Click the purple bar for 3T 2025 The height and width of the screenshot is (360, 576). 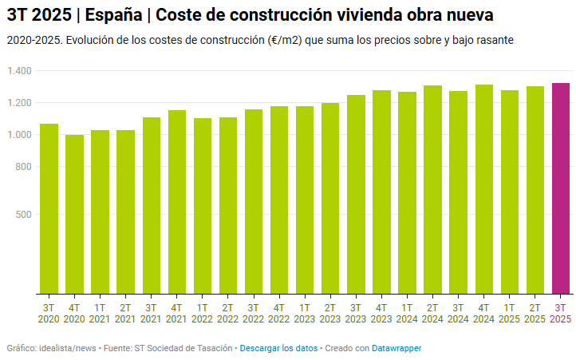click(x=561, y=188)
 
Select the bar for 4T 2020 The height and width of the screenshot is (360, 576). click(x=74, y=214)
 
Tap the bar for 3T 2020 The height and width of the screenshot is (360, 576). click(x=49, y=208)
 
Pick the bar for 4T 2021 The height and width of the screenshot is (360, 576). click(x=177, y=202)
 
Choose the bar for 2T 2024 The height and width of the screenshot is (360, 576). click(x=432, y=189)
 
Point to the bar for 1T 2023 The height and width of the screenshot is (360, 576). click(x=305, y=200)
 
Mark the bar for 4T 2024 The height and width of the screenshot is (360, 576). click(x=484, y=189)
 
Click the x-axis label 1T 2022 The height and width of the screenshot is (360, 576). click(x=203, y=313)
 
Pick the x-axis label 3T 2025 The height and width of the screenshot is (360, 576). click(x=561, y=313)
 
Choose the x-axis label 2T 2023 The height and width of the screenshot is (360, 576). click(x=330, y=313)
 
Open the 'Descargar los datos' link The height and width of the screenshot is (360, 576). click(x=278, y=349)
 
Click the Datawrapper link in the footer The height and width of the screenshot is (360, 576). click(x=396, y=349)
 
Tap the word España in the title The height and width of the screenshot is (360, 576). click(x=115, y=14)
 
